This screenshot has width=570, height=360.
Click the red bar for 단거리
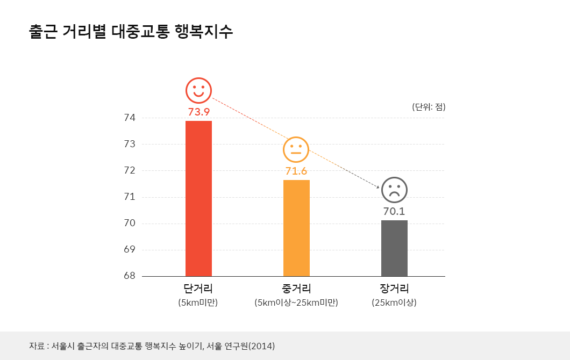198,198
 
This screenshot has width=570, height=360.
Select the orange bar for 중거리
296,228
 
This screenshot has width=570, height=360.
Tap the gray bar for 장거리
394,248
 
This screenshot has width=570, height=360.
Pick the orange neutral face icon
296,149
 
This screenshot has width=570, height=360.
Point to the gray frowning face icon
394,190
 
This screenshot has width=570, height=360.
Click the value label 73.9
198,112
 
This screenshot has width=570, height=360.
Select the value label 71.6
296,171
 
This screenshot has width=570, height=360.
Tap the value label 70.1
394,211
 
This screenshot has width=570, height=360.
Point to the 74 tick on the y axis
130,118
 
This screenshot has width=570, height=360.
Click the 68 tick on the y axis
130,276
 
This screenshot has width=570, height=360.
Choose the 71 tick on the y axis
130,197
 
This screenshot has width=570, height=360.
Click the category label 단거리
198,289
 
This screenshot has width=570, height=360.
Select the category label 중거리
296,289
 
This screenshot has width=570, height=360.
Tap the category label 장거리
394,289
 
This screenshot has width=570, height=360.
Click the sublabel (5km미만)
198,303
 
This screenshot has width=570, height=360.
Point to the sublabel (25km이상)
394,303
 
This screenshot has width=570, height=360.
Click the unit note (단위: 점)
429,106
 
